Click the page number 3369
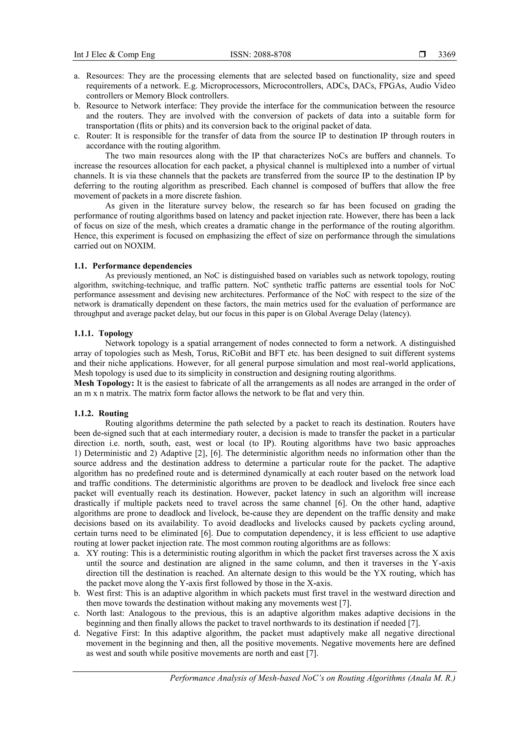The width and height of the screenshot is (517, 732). tap(447, 55)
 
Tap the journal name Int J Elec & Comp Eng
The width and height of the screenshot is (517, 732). tap(114, 55)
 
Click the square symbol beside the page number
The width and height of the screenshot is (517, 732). tap(422, 55)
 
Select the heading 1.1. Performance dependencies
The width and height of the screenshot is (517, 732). tap(133, 266)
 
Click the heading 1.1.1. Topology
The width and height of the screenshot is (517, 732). tap(104, 333)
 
